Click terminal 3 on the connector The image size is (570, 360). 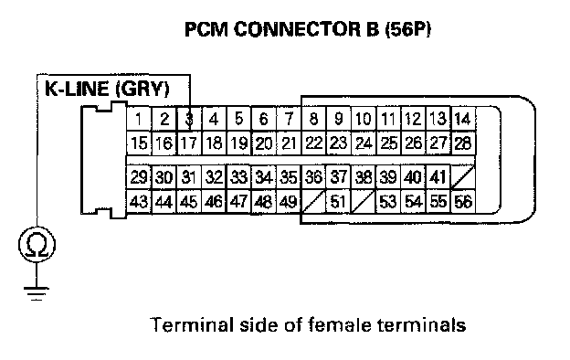coord(189,119)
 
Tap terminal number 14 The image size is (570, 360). coord(463,119)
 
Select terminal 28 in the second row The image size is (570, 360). coord(463,143)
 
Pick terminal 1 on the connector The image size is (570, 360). coord(139,119)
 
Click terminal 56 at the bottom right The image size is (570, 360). coord(463,201)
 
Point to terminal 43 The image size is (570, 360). coord(139,201)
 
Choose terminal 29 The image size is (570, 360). coord(139,177)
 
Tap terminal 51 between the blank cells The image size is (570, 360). coord(338,201)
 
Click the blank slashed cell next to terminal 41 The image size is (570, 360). coord(463,177)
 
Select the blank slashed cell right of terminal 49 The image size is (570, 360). coord(313,201)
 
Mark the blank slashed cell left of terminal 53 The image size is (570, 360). coord(364,201)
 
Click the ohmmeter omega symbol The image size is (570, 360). coord(37,244)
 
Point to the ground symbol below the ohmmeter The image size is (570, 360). coord(37,293)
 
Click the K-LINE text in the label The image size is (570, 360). coord(77,90)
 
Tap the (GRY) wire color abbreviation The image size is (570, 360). coord(142,90)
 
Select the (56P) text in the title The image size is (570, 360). coord(408,29)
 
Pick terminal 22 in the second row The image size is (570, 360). coord(313,143)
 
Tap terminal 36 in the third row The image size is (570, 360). coord(313,177)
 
